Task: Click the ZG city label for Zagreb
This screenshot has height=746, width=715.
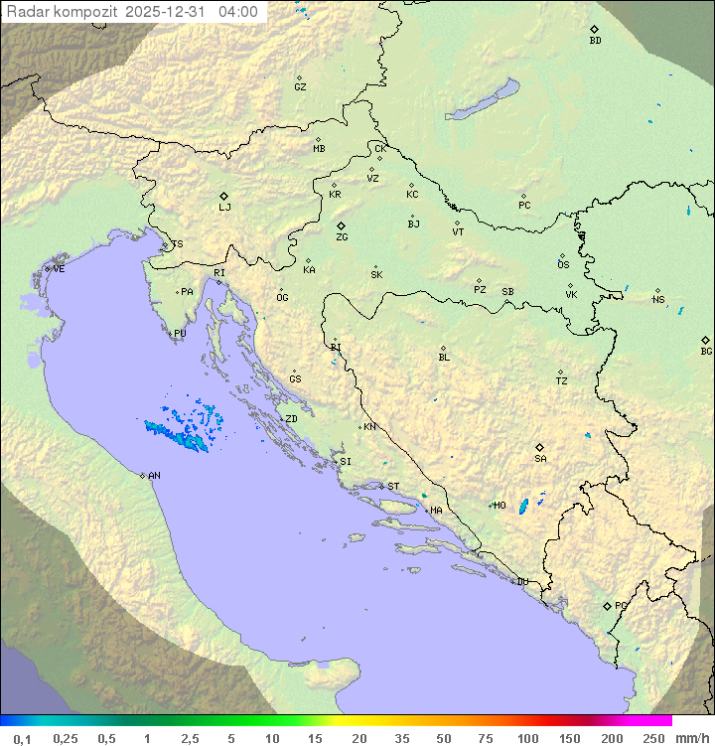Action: [x=342, y=237]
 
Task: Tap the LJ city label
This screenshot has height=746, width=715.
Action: [x=224, y=208]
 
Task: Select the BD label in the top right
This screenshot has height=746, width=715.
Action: [x=595, y=41]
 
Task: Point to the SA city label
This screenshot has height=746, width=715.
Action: [x=540, y=459]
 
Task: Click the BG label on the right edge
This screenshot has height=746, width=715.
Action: [x=706, y=351]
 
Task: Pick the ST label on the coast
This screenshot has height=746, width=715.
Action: [x=393, y=487]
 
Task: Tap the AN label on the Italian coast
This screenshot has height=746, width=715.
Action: [x=154, y=476]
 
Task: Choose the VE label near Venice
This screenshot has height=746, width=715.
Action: [x=59, y=269]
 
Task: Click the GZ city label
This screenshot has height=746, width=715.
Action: [x=300, y=87]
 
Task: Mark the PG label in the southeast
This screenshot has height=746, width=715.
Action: [x=621, y=605]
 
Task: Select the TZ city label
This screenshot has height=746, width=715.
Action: [x=562, y=381]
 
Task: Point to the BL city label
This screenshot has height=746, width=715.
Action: [x=444, y=358]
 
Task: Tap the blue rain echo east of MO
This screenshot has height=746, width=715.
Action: [x=523, y=507]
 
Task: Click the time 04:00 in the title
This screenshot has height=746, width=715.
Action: [x=239, y=13]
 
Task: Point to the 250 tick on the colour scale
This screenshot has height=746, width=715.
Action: [x=653, y=738]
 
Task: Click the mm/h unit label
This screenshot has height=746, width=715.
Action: [x=691, y=738]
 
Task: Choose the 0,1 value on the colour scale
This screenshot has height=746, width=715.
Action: [x=22, y=738]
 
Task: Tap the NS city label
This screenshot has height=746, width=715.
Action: [x=658, y=300]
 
